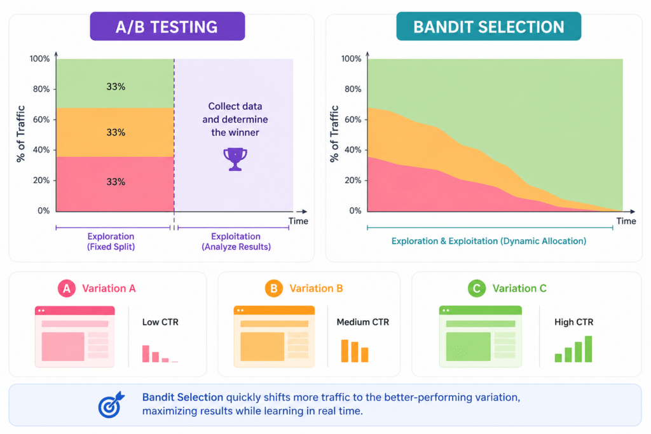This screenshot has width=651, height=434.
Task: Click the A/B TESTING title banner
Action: coord(167,26)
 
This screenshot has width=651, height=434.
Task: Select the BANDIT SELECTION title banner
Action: coord(489,26)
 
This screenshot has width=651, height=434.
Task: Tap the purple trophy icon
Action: coord(235,159)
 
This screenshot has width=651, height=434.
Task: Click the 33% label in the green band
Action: coord(116,86)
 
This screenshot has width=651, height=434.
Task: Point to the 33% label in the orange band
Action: coord(116,132)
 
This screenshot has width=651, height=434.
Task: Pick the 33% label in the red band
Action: coord(116,182)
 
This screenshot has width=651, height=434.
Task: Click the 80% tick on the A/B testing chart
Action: coord(41,89)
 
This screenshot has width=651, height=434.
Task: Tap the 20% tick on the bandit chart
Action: coord(353,180)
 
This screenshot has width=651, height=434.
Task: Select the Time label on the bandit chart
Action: coord(626,221)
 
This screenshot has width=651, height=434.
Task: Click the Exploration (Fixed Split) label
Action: coord(111,241)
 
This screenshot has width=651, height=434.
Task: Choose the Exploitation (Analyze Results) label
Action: coord(236,241)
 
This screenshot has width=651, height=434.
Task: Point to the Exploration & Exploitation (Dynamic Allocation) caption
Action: coord(489,241)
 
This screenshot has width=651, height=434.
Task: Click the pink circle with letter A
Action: coord(66,288)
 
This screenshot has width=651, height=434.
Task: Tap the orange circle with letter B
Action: coord(273,288)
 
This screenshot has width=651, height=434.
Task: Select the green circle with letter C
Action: coord(477,288)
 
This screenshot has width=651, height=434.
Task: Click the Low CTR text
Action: coord(160,322)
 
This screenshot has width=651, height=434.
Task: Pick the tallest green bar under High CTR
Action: coord(588,349)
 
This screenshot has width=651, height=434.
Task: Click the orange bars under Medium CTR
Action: coord(355,351)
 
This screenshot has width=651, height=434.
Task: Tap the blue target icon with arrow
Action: coord(111,405)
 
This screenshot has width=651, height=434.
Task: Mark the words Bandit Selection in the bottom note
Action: coord(182,397)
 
